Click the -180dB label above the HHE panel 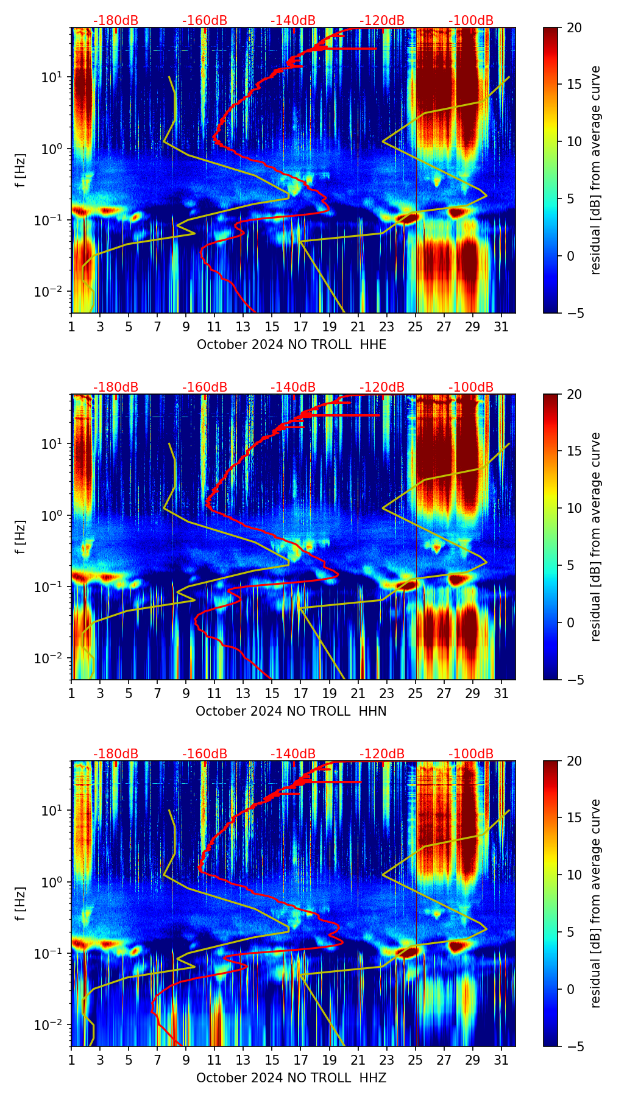pyautogui.click(x=116, y=21)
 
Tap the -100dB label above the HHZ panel pyautogui.click(x=471, y=754)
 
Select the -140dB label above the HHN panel pyautogui.click(x=293, y=387)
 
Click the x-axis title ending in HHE pyautogui.click(x=291, y=345)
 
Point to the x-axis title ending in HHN pyautogui.click(x=291, y=711)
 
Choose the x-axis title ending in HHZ pyautogui.click(x=291, y=1078)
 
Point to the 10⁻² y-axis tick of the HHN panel pyautogui.click(x=55, y=658)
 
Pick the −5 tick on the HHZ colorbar pyautogui.click(x=573, y=1046)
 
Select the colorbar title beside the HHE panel pyautogui.click(x=596, y=170)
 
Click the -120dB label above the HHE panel pyautogui.click(x=382, y=21)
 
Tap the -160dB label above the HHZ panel pyautogui.click(x=205, y=754)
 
